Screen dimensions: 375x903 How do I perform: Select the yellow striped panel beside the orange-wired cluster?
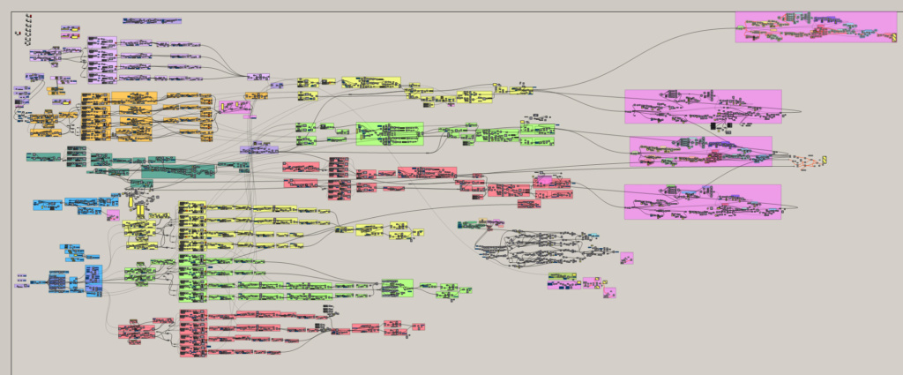click(x=825, y=160)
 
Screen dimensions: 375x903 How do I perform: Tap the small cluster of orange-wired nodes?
click(x=806, y=162)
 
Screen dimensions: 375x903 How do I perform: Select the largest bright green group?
click(x=389, y=133)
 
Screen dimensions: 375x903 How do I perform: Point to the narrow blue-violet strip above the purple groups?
click(x=152, y=20)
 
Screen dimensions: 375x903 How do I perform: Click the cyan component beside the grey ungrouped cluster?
click(x=593, y=236)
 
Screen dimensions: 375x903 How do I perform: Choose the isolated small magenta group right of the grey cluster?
click(x=626, y=259)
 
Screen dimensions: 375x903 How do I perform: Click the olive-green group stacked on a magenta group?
click(x=564, y=276)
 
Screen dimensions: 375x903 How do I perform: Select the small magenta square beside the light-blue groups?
click(x=113, y=214)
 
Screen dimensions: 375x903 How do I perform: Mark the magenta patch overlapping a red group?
click(x=543, y=181)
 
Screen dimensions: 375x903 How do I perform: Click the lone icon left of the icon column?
click(x=18, y=33)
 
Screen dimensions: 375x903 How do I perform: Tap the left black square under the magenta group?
click(x=713, y=126)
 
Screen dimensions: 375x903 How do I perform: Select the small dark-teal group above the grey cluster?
click(x=469, y=225)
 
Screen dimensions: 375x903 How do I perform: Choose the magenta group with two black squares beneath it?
click(x=703, y=106)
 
